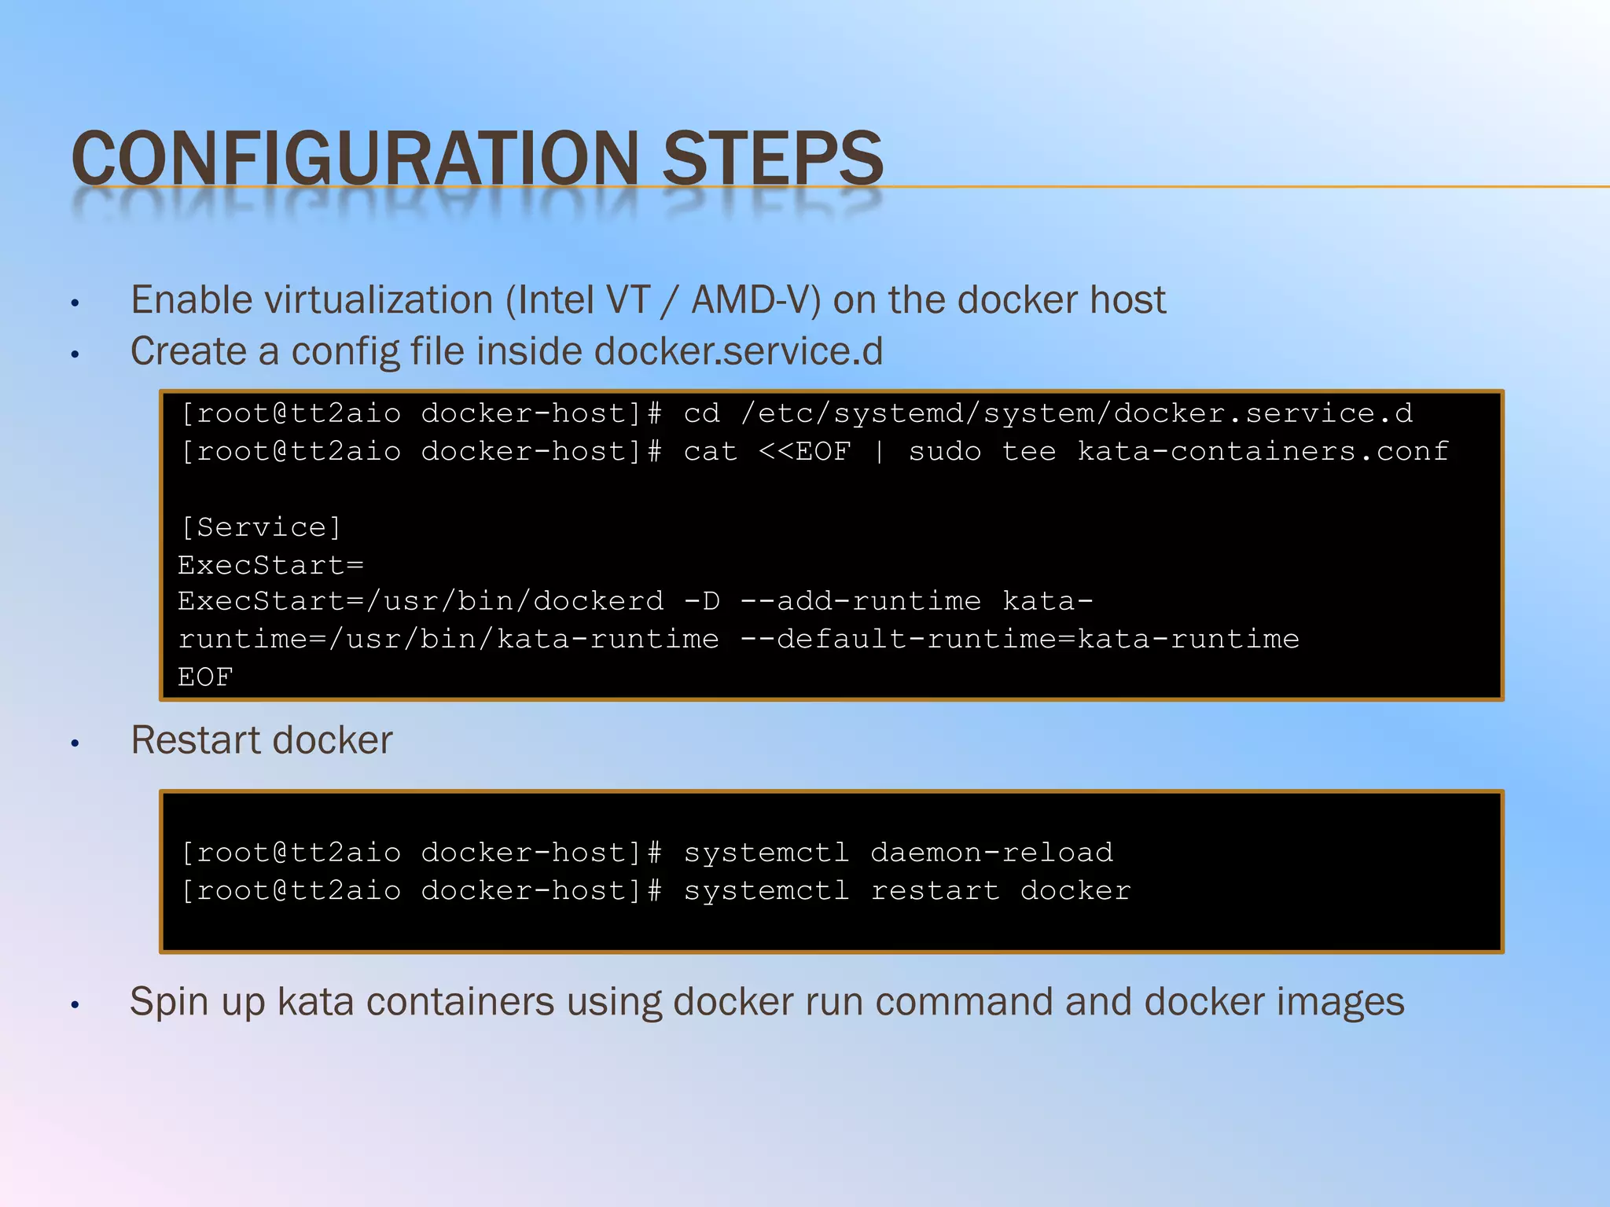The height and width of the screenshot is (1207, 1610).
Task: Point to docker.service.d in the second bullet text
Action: point(738,351)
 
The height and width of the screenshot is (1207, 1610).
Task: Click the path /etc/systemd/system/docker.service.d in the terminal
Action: point(1076,413)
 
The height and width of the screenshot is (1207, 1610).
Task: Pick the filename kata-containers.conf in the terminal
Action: point(1263,451)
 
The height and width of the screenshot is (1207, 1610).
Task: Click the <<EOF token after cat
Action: point(804,451)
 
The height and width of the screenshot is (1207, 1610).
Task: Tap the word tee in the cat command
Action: point(1029,451)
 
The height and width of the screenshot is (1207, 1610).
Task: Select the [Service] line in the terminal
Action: point(261,526)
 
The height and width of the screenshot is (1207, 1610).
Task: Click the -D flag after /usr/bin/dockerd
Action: point(701,601)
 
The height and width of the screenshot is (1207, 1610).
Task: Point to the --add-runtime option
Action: point(860,601)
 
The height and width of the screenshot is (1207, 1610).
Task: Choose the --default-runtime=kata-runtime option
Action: point(1020,639)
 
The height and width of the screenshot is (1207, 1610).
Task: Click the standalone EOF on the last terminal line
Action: point(205,677)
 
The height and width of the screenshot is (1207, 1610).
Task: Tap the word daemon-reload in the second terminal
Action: point(991,853)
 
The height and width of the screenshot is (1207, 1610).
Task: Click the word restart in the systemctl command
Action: point(935,890)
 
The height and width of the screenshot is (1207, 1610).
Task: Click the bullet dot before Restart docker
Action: point(75,743)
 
